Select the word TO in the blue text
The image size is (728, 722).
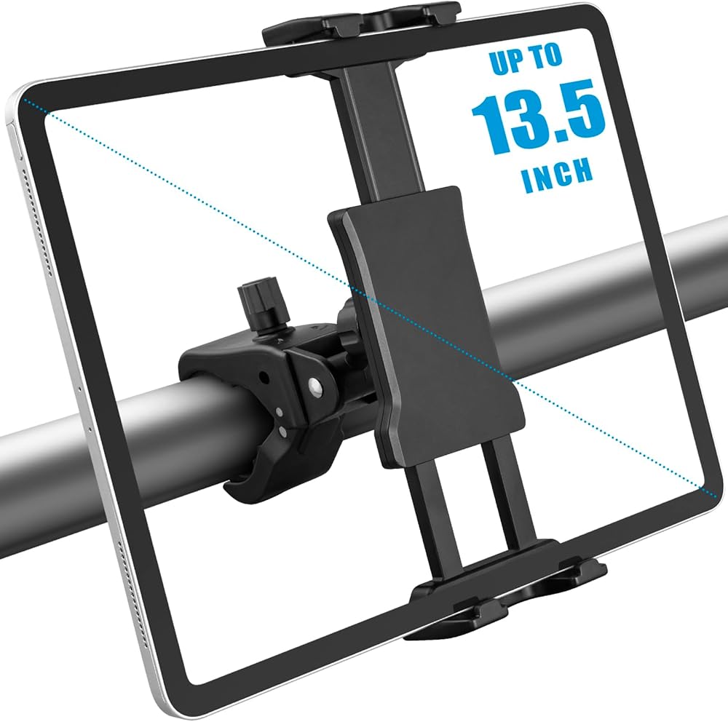[x=547, y=56]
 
